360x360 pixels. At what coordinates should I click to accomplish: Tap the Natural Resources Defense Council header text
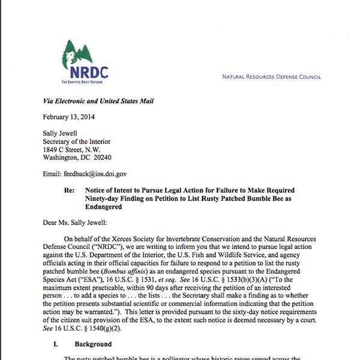coord(271,77)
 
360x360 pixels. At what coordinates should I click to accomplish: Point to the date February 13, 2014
coord(68,117)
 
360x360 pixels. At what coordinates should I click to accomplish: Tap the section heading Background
coord(92,344)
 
